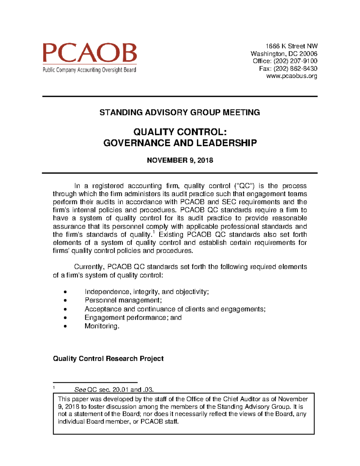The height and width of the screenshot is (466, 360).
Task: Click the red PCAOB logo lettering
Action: [89, 53]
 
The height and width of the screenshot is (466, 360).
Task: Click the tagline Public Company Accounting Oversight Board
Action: [89, 70]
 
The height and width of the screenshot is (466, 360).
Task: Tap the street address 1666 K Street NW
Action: [291, 46]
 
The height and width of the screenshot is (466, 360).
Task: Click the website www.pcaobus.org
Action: [292, 76]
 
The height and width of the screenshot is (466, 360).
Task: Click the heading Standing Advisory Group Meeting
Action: [179, 113]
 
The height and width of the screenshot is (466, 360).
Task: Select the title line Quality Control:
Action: [180, 132]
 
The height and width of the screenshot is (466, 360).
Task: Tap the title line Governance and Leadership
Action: [180, 143]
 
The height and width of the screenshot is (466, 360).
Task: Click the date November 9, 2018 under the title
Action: [180, 160]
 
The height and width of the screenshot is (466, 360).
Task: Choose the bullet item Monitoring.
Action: [102, 326]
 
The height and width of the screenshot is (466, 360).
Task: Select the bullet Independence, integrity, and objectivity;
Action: [146, 292]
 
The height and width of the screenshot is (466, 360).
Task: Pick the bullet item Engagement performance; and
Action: [133, 317]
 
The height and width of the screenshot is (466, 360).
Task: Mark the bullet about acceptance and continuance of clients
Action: [175, 309]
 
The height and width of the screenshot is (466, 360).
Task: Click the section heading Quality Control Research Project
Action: [108, 359]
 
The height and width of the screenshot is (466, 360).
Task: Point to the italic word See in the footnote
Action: [80, 390]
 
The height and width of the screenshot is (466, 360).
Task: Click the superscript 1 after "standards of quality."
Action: [154, 232]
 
